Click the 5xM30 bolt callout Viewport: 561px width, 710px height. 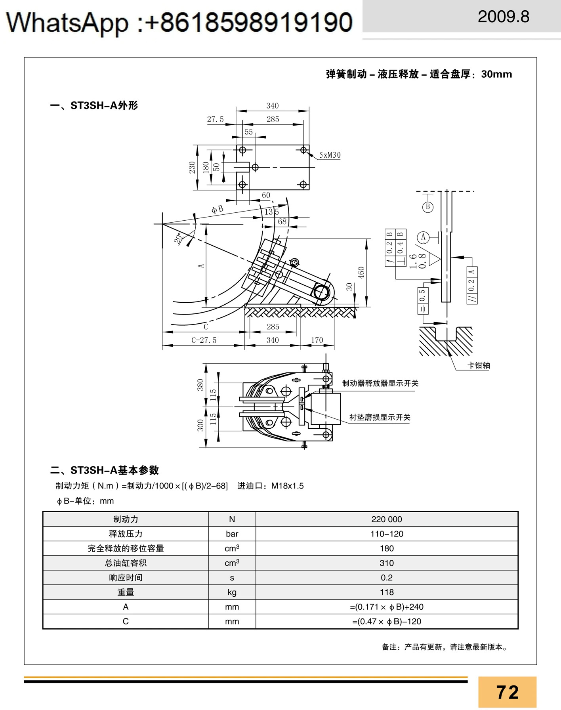(x=330, y=155)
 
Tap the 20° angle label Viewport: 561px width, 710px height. (x=179, y=238)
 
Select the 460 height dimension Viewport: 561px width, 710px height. (x=361, y=273)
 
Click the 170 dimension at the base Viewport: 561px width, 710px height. (x=317, y=340)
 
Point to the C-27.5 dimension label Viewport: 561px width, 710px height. (x=204, y=340)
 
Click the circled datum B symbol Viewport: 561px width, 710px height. (x=428, y=207)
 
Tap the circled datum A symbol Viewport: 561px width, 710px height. (x=423, y=237)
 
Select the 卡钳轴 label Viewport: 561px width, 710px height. (x=479, y=365)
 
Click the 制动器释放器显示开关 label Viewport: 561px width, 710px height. (x=380, y=383)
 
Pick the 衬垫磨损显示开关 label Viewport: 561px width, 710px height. (x=380, y=417)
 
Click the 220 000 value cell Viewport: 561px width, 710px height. (x=387, y=519)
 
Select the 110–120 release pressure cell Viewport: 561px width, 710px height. (x=387, y=534)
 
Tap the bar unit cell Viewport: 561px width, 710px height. (x=232, y=534)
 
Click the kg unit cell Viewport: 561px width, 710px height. (x=232, y=592)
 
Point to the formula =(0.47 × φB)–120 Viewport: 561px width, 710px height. (x=387, y=622)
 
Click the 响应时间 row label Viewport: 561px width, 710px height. (x=126, y=578)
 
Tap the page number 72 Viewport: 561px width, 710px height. (x=508, y=692)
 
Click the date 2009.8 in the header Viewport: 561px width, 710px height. (x=504, y=17)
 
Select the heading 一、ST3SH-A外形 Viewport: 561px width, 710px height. (x=94, y=105)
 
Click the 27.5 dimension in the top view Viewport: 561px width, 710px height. (x=215, y=119)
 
